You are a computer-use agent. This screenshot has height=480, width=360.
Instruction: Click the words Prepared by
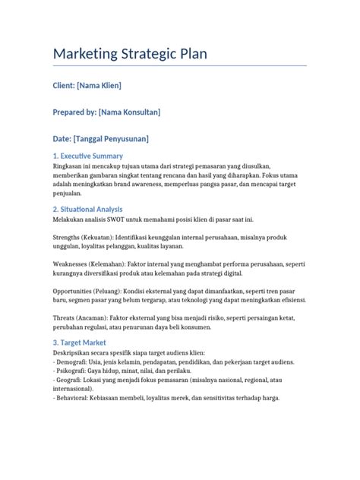coord(74,112)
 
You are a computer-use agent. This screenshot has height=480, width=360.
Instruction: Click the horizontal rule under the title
coord(180,66)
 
